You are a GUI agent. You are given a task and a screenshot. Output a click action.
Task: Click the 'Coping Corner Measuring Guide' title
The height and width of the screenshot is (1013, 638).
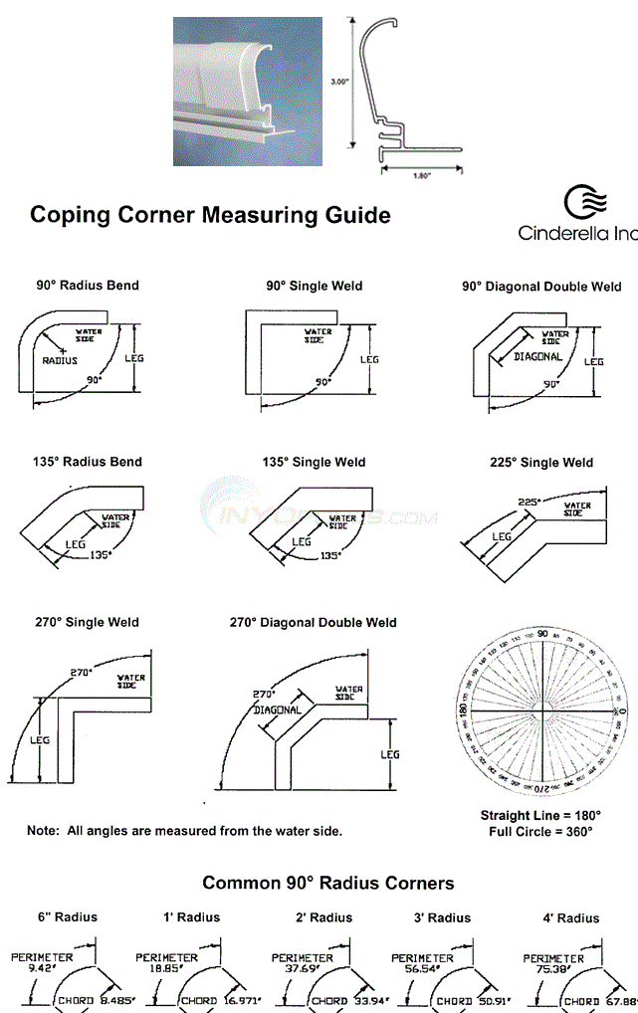pyautogui.click(x=210, y=215)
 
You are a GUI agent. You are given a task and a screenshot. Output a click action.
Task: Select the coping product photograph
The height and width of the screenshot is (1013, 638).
pyautogui.click(x=249, y=91)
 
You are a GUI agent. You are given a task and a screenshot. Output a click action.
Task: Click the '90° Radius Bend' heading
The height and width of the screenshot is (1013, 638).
pyautogui.click(x=88, y=286)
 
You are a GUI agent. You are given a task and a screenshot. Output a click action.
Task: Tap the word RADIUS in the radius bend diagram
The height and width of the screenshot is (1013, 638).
pyautogui.click(x=59, y=361)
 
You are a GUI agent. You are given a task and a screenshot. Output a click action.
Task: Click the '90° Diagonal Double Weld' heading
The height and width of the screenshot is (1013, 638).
pyautogui.click(x=541, y=287)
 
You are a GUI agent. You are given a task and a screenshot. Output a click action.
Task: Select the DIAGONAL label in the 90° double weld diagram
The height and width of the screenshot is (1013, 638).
pyautogui.click(x=538, y=356)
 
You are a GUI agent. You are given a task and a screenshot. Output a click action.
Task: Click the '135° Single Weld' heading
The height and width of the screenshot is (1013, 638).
pyautogui.click(x=314, y=462)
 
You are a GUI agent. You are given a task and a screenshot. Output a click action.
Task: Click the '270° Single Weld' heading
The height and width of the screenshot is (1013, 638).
pyautogui.click(x=88, y=623)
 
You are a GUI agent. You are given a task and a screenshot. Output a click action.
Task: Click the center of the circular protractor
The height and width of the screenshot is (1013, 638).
pyautogui.click(x=541, y=709)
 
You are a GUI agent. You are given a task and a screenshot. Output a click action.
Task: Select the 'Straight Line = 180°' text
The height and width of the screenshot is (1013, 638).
pyautogui.click(x=540, y=815)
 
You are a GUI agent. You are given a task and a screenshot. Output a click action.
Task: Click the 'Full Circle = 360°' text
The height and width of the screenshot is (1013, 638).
pyautogui.click(x=540, y=831)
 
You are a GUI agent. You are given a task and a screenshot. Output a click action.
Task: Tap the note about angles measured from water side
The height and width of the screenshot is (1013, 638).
pyautogui.click(x=184, y=831)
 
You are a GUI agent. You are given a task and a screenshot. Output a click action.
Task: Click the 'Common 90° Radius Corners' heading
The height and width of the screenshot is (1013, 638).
pyautogui.click(x=328, y=883)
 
